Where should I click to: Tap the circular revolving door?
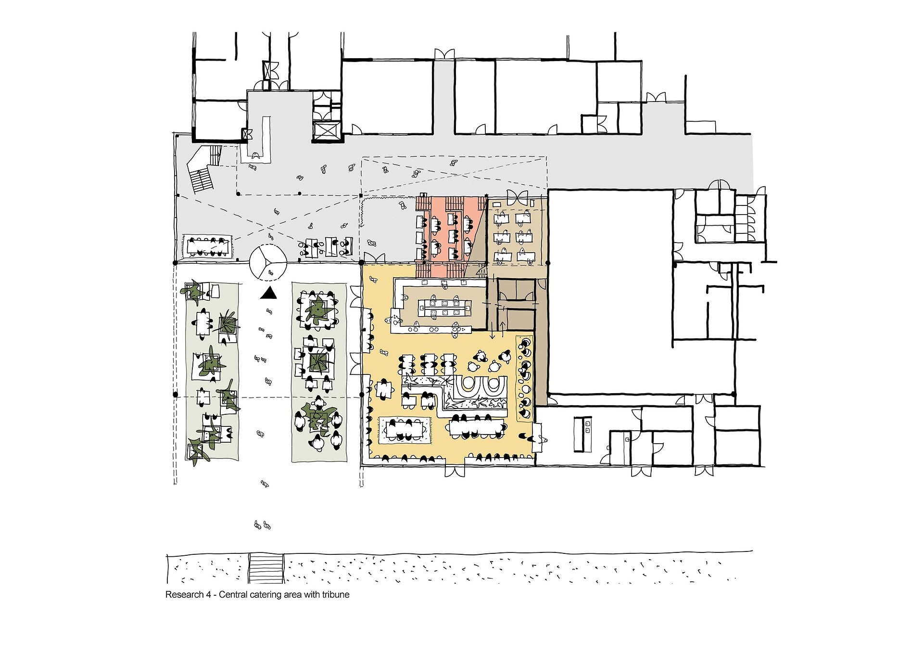click(268, 262)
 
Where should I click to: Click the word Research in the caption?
click(185, 595)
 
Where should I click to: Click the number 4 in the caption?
click(209, 595)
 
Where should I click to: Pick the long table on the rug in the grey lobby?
click(208, 246)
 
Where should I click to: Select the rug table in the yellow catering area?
click(405, 430)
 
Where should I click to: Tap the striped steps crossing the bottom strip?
click(266, 568)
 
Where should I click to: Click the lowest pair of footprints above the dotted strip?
click(263, 525)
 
